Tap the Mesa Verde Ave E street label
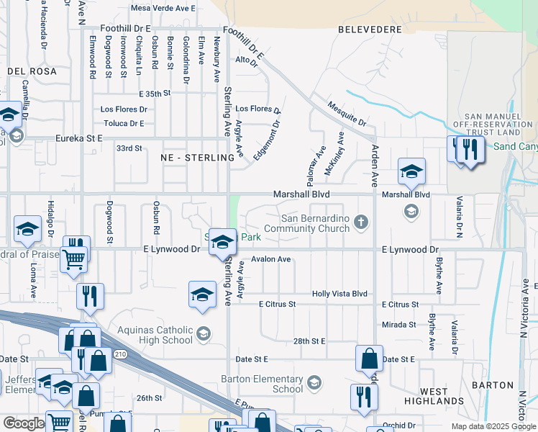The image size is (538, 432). tap(163, 9)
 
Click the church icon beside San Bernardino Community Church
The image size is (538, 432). tap(362, 223)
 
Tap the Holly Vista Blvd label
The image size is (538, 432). tap(339, 294)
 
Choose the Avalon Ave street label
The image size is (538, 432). tap(270, 259)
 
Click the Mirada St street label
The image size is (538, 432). tap(399, 325)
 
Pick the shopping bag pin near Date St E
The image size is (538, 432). tap(369, 357)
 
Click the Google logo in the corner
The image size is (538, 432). tap(24, 423)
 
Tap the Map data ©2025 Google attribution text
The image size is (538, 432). tap(493, 426)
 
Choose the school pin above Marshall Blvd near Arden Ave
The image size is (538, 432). tap(411, 172)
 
